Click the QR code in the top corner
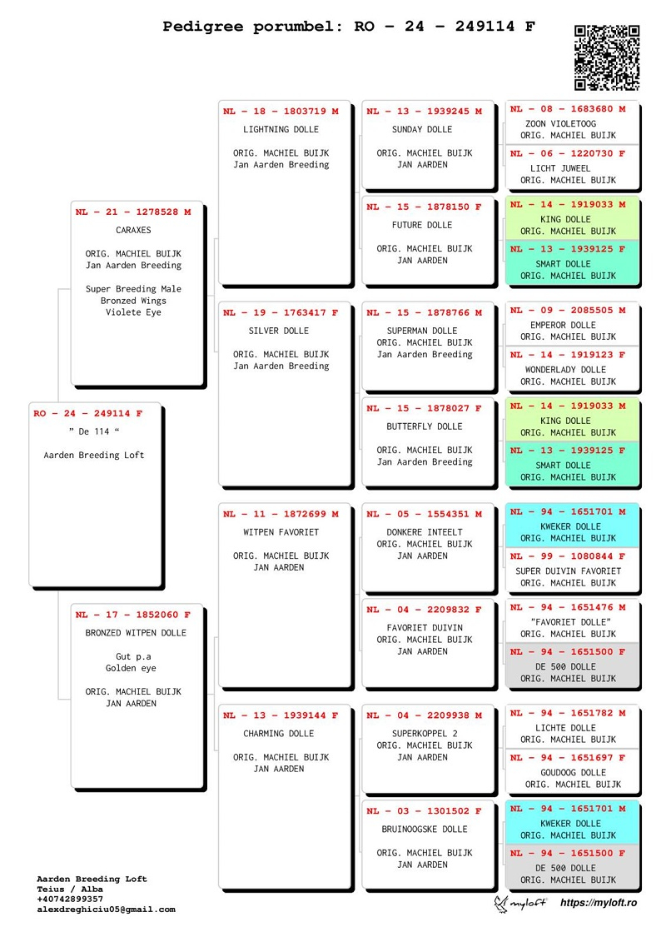coord(607,57)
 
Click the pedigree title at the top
coord(348,27)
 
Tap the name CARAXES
coord(133,230)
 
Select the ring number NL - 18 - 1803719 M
coord(281,111)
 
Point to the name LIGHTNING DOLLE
coord(281,129)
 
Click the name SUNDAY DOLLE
coord(422,129)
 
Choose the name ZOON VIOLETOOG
coord(561,124)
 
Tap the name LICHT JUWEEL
coord(560,168)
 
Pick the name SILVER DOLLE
coord(279,331)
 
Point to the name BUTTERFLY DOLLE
coord(425,426)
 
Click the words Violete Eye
coord(133,312)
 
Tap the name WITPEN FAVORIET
coord(281,531)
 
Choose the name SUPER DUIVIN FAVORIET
coord(568,571)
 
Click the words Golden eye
coord(131,668)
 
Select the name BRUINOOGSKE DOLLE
coord(425,829)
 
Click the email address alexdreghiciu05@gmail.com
coord(107,910)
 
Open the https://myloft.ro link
coord(599,902)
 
